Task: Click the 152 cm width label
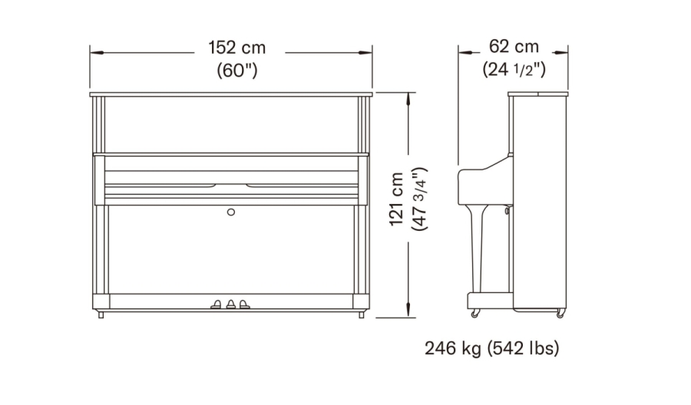237,48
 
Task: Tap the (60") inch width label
237,70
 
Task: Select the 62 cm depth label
514,46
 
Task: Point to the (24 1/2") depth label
514,69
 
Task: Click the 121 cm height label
397,199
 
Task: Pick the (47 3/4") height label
419,199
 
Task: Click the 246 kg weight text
454,348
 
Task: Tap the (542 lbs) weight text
524,348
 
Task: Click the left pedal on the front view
217,305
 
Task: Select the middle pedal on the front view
231,305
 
